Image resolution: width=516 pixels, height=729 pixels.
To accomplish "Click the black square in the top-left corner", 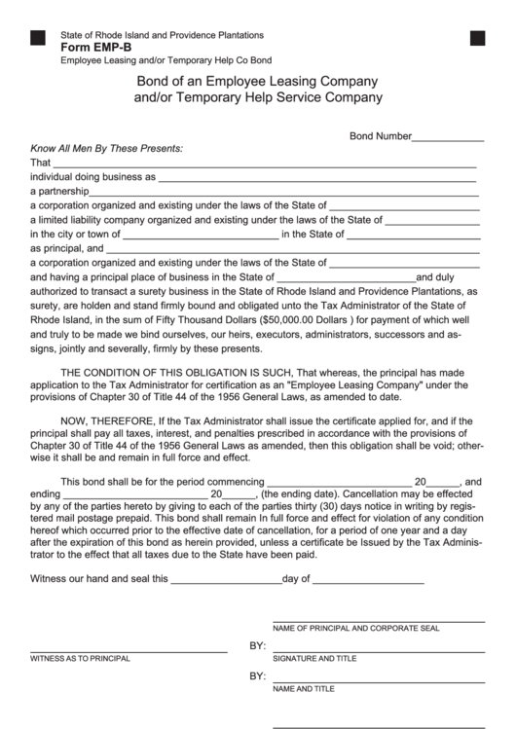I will click(38, 38).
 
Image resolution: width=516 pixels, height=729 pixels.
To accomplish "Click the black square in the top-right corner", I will click(477, 38).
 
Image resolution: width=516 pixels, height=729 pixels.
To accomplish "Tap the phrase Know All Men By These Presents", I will click(107, 149).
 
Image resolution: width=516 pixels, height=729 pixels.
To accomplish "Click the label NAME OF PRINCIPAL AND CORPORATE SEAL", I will click(355, 629).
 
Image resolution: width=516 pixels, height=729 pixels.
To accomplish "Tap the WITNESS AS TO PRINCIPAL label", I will click(80, 659).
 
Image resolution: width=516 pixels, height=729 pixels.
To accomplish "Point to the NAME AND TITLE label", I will click(304, 688).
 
